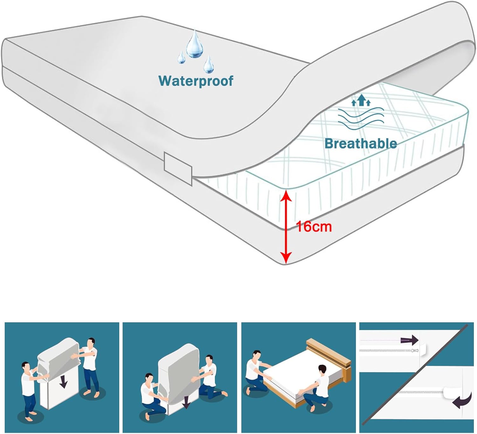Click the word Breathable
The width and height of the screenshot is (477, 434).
click(361, 143)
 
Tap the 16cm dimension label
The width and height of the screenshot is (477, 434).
click(314, 227)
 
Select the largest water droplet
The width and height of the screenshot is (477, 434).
click(195, 44)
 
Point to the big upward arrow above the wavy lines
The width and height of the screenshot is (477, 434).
click(362, 100)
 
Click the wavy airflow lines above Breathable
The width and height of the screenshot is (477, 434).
click(361, 119)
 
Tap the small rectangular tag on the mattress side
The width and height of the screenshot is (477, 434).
click(178, 169)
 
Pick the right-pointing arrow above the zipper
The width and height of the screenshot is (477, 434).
click(409, 340)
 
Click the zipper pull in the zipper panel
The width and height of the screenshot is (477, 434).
click(414, 350)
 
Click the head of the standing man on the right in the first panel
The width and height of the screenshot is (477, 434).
click(91, 343)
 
